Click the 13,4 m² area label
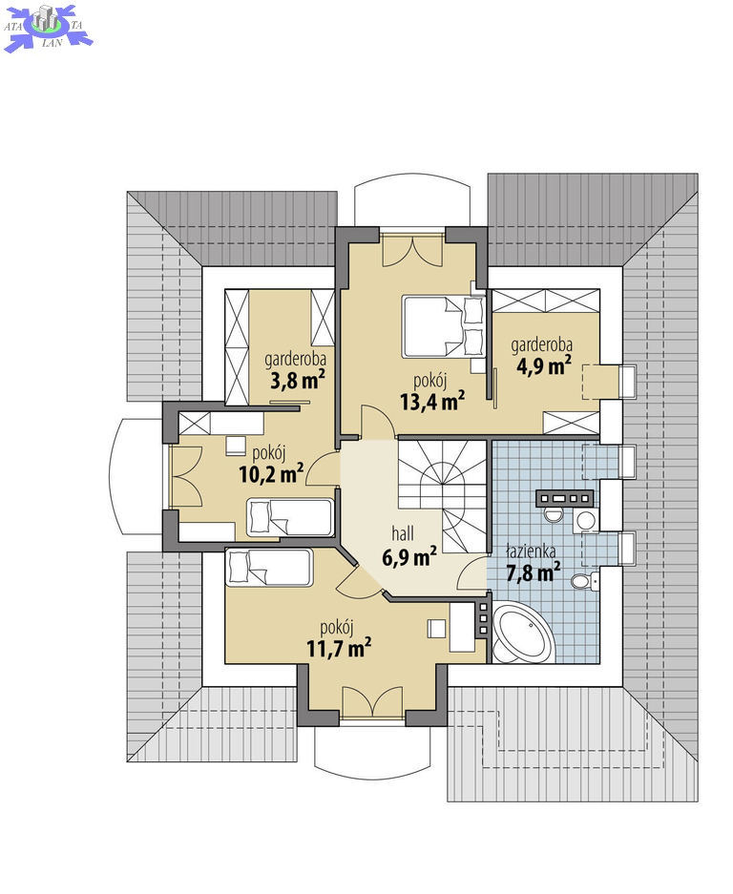click(432, 401)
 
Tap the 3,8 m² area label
click(297, 380)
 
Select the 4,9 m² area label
click(544, 365)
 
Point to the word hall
click(403, 533)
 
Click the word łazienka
click(532, 551)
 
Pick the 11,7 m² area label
click(339, 648)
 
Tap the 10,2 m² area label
click(271, 472)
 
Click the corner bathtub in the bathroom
click(523, 634)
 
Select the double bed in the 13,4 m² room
click(443, 326)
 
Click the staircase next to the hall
click(443, 496)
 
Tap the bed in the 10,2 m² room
click(290, 518)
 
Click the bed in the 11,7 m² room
click(269, 568)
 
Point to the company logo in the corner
click(48, 27)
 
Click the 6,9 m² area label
click(409, 556)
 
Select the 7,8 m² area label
click(534, 572)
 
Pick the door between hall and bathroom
click(472, 573)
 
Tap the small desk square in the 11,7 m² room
click(436, 629)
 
